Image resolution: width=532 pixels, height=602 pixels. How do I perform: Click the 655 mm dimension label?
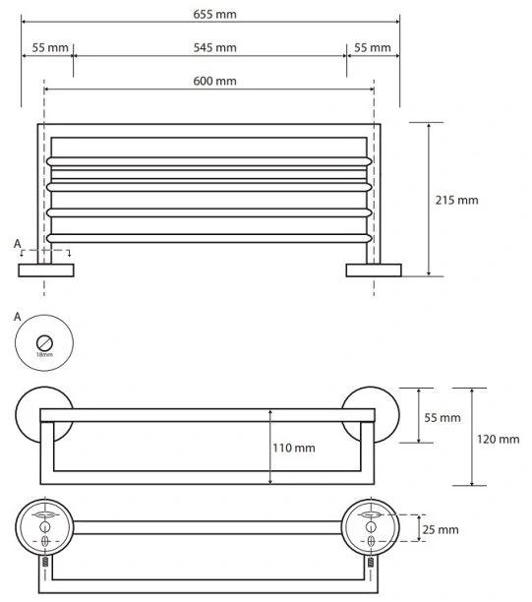(x=214, y=14)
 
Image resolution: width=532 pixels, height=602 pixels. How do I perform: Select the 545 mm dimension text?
(x=214, y=47)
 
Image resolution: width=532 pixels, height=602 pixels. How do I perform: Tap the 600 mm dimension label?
(x=214, y=81)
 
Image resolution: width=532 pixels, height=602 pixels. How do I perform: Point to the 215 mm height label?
(x=456, y=200)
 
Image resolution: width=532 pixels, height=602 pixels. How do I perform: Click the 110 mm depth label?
(x=294, y=448)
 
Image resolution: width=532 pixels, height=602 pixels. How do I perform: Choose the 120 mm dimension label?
(x=498, y=439)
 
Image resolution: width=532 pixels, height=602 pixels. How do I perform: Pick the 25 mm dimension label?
(x=441, y=530)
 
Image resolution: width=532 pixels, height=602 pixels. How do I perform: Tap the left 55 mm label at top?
(x=50, y=47)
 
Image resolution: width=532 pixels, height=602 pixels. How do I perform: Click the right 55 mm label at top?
(x=373, y=47)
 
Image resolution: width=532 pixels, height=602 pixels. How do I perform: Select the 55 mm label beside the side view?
(x=443, y=417)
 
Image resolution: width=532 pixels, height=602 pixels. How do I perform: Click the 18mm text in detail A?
(x=44, y=355)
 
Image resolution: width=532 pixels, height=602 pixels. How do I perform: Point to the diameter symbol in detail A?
(x=44, y=342)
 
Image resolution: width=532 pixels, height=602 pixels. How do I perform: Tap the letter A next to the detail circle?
(x=18, y=317)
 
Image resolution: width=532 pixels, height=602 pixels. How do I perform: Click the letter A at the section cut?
(x=18, y=244)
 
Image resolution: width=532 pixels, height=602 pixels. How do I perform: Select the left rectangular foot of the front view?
(x=46, y=271)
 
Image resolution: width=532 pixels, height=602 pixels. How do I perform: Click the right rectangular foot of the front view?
(x=374, y=271)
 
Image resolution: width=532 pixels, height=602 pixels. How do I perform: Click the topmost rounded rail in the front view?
(x=209, y=161)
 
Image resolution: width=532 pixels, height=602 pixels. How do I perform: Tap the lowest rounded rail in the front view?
(x=209, y=238)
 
